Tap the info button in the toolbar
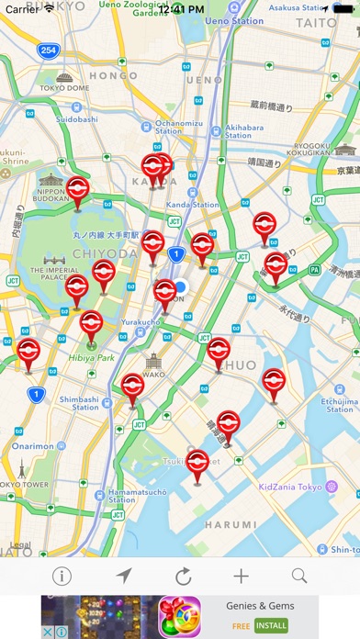click(62, 577)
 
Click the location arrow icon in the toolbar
click(123, 577)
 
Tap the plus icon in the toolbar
click(241, 577)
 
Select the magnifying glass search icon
click(299, 577)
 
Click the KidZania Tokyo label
click(291, 487)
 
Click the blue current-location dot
click(180, 287)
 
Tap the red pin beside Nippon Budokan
click(79, 192)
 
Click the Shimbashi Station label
click(79, 403)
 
